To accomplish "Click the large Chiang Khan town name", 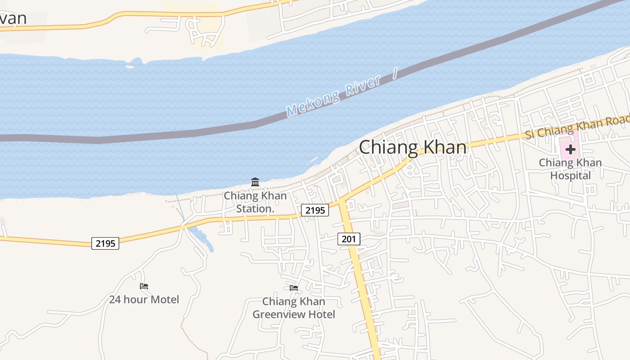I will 413,147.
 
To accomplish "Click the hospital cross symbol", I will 570,149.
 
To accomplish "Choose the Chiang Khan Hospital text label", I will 570,169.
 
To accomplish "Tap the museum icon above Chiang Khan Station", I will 255,182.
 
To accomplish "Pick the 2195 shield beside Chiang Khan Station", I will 315,210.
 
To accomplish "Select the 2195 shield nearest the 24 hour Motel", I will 105,243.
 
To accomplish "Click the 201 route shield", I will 349,239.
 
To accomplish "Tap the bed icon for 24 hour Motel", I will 144,286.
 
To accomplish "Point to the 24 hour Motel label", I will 144,299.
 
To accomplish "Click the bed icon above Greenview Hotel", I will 294,288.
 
